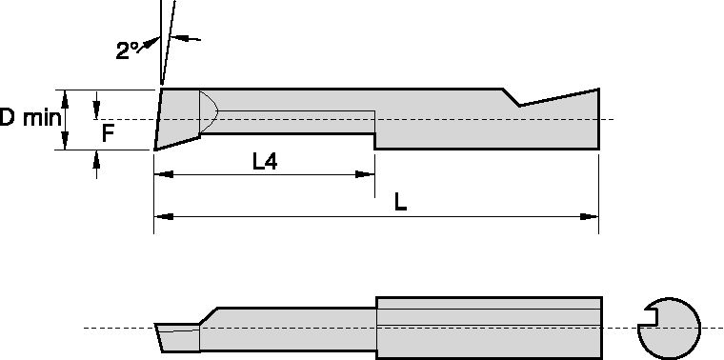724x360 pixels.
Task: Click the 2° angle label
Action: pyautogui.click(x=129, y=51)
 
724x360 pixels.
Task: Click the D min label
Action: pyautogui.click(x=29, y=118)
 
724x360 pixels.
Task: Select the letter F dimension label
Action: pyautogui.click(x=108, y=134)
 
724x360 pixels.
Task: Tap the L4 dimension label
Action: pyautogui.click(x=265, y=161)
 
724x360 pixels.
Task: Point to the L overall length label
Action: pyautogui.click(x=400, y=203)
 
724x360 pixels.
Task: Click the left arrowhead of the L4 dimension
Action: pyautogui.click(x=162, y=174)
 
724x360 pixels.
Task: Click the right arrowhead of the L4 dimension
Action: pyautogui.click(x=366, y=174)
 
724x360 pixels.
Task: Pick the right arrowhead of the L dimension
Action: pyautogui.click(x=591, y=217)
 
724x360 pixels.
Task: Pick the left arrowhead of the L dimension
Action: pyautogui.click(x=162, y=217)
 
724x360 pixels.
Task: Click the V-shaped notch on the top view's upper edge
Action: pyautogui.click(x=517, y=101)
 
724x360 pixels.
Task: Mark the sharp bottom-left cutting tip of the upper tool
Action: pyautogui.click(x=155, y=149)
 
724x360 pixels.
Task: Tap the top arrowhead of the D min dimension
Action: pyautogui.click(x=64, y=95)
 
